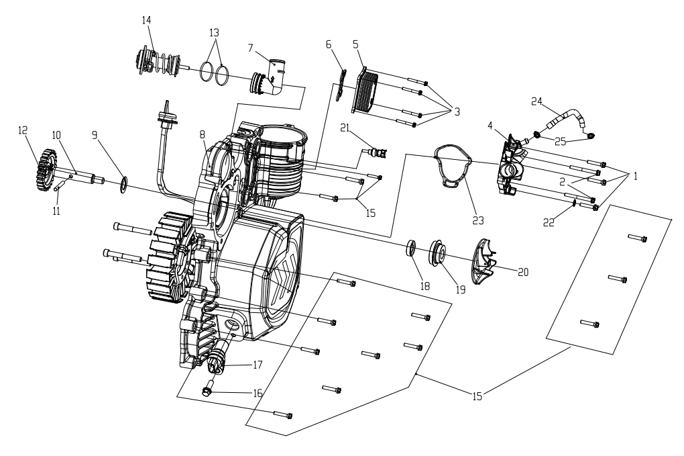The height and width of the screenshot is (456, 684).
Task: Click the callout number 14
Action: point(147,20)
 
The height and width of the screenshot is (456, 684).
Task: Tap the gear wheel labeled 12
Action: point(46,170)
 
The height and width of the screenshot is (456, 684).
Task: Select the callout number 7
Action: point(250,48)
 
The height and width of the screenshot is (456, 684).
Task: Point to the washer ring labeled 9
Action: point(123,184)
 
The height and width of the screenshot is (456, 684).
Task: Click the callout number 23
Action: point(478,221)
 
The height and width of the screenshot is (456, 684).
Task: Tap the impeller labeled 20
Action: point(485,261)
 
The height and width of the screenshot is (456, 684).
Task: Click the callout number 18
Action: point(424,286)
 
